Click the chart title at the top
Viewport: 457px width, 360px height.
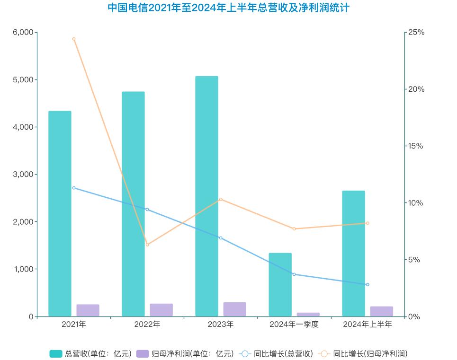(x=228, y=8)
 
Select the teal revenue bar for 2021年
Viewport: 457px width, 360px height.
(x=60, y=213)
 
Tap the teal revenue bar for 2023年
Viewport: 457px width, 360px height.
(x=206, y=196)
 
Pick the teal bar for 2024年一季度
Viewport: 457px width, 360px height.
(x=280, y=284)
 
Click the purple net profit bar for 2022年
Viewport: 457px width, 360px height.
(x=161, y=310)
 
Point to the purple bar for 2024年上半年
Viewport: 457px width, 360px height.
(x=382, y=311)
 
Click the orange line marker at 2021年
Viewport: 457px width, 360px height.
(x=74, y=39)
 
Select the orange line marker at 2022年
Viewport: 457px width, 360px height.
(x=147, y=245)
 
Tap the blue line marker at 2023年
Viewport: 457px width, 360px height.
(x=221, y=237)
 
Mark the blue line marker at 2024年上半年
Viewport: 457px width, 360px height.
(x=367, y=284)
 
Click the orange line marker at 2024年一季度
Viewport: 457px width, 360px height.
(x=294, y=229)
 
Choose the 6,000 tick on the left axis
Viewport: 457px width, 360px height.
(x=23, y=32)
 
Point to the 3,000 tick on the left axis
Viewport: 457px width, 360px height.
(x=23, y=175)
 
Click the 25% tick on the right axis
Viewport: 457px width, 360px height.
(x=417, y=32)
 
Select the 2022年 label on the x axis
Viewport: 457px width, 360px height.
(x=147, y=325)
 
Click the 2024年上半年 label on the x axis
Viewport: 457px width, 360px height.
(x=367, y=325)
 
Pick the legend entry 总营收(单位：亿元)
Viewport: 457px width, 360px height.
(x=90, y=353)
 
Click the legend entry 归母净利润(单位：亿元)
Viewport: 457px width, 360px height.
(x=185, y=353)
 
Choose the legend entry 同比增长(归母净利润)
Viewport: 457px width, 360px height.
(x=363, y=353)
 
